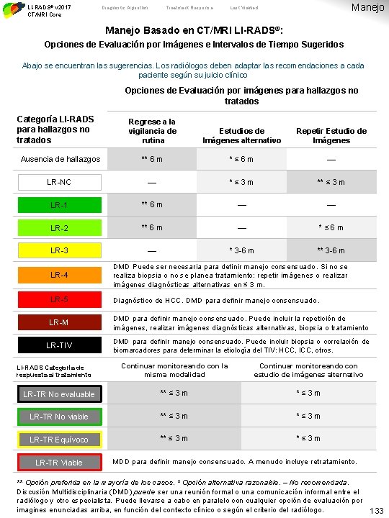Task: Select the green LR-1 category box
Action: coord(60,205)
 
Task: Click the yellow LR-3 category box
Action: coord(60,251)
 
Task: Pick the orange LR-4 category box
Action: coord(60,275)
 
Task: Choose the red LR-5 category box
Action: coord(60,299)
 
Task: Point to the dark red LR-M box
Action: coord(60,322)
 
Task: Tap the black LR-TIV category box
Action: coord(60,345)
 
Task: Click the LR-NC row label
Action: coord(60,182)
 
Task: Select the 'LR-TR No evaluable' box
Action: coord(60,394)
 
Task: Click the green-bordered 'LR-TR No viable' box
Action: coord(60,417)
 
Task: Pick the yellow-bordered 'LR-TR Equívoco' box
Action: coord(60,440)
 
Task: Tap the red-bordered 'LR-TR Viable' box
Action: coord(60,462)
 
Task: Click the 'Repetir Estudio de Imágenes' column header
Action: coord(331,135)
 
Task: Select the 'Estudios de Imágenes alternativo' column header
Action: coord(241,135)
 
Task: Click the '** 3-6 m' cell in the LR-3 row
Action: coord(331,251)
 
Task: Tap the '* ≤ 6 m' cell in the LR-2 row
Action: coord(331,228)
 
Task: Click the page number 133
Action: coord(375,510)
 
